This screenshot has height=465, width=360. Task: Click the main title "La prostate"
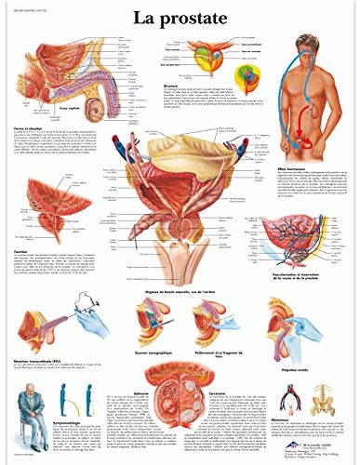tap(179, 16)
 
